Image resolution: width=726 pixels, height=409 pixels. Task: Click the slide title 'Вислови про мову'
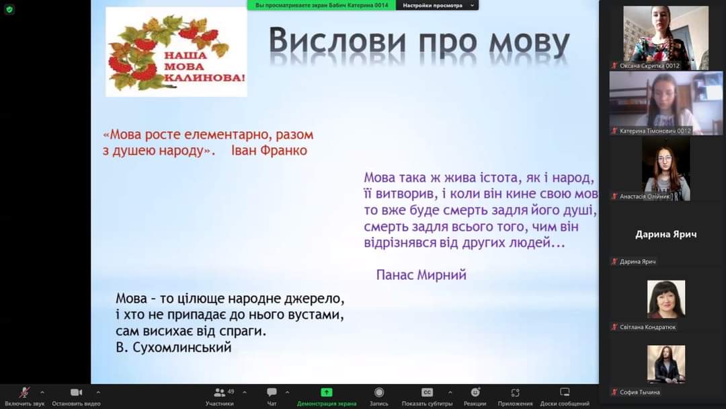pyautogui.click(x=419, y=42)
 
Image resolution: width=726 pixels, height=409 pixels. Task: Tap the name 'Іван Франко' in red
pyautogui.click(x=269, y=151)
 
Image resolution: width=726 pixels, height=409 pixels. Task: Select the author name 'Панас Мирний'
pyautogui.click(x=421, y=274)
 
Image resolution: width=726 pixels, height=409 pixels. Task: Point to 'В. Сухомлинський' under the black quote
pyautogui.click(x=173, y=347)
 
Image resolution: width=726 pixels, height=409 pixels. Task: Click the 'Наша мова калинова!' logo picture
pyautogui.click(x=176, y=51)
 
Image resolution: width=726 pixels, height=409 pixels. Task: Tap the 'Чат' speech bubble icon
pyautogui.click(x=272, y=392)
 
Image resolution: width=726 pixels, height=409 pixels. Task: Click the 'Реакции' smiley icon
pyautogui.click(x=475, y=392)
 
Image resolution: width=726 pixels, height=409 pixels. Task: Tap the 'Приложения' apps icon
pyautogui.click(x=515, y=393)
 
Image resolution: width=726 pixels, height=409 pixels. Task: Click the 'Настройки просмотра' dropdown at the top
pyautogui.click(x=438, y=5)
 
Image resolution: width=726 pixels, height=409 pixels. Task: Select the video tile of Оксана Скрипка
pyautogui.click(x=665, y=38)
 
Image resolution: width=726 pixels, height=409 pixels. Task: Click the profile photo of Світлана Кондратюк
pyautogui.click(x=665, y=299)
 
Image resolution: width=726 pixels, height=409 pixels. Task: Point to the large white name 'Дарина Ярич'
pyautogui.click(x=665, y=234)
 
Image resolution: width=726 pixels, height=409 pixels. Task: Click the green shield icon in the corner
pyautogui.click(x=9, y=9)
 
